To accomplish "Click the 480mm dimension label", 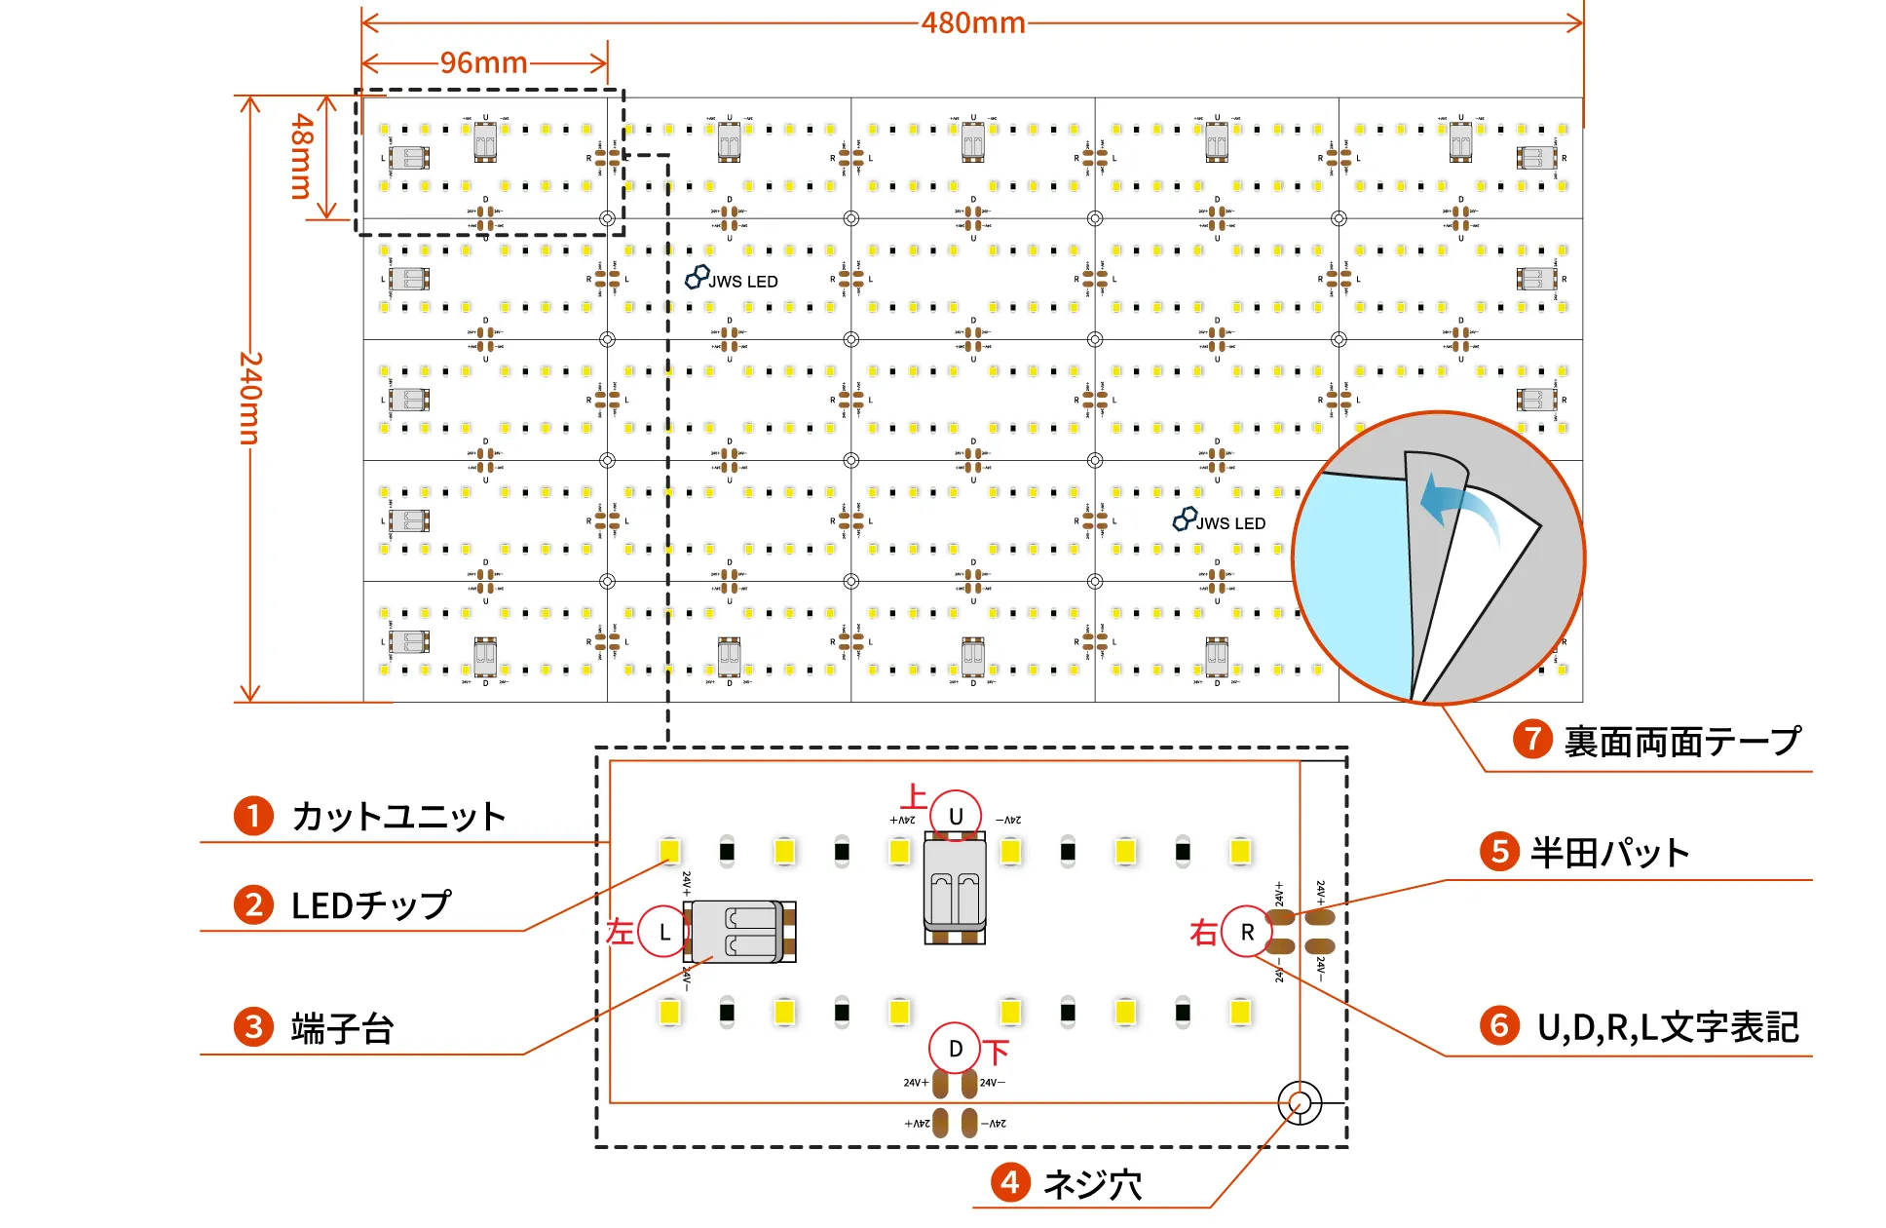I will pos(972,22).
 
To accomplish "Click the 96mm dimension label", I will pos(483,63).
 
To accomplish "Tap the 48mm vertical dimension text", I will pos(303,156).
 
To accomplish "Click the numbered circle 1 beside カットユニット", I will pos(253,816).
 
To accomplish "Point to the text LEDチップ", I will pos(370,905).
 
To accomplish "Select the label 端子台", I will pos(342,1028).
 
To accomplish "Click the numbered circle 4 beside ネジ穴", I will pos(1010,1183).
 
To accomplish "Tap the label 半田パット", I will pos(1609,853).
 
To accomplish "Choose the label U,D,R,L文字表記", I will pos(1667,1027).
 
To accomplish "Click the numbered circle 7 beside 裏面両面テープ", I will pos(1532,740).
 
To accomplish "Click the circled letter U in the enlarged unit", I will pos(956,816).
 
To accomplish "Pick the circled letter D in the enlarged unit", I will pos(956,1049).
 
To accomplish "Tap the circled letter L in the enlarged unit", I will pos(664,932).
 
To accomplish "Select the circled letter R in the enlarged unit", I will pos(1247,932).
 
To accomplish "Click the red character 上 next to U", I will pos(914,797).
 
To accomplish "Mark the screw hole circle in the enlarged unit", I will pos(1300,1103).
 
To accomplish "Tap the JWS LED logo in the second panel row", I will pos(732,280).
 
